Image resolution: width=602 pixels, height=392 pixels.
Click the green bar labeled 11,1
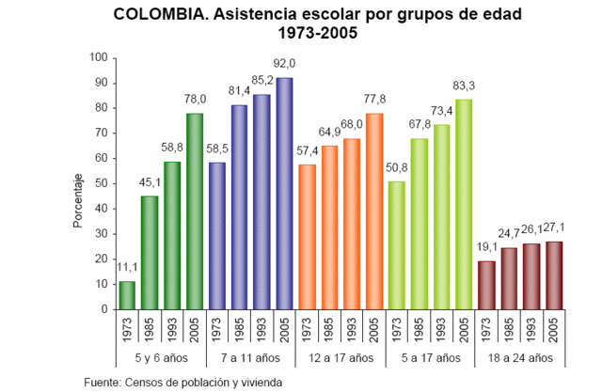tap(127, 295)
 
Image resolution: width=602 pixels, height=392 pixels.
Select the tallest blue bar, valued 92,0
tap(283, 194)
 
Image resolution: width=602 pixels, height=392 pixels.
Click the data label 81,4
tap(238, 92)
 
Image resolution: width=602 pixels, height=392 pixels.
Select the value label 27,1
tap(555, 228)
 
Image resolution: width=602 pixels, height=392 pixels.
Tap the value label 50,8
tap(397, 168)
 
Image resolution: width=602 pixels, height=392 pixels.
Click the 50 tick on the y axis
tap(97, 183)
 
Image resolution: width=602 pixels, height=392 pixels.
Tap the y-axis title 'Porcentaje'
tap(78, 201)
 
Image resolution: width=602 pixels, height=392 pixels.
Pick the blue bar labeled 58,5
tap(216, 236)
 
